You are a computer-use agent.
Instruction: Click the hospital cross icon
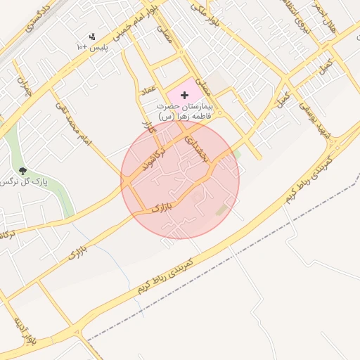[185, 94]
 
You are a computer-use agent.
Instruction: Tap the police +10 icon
[91, 37]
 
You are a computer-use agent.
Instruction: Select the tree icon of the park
[23, 170]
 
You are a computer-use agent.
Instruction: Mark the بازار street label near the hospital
[147, 129]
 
